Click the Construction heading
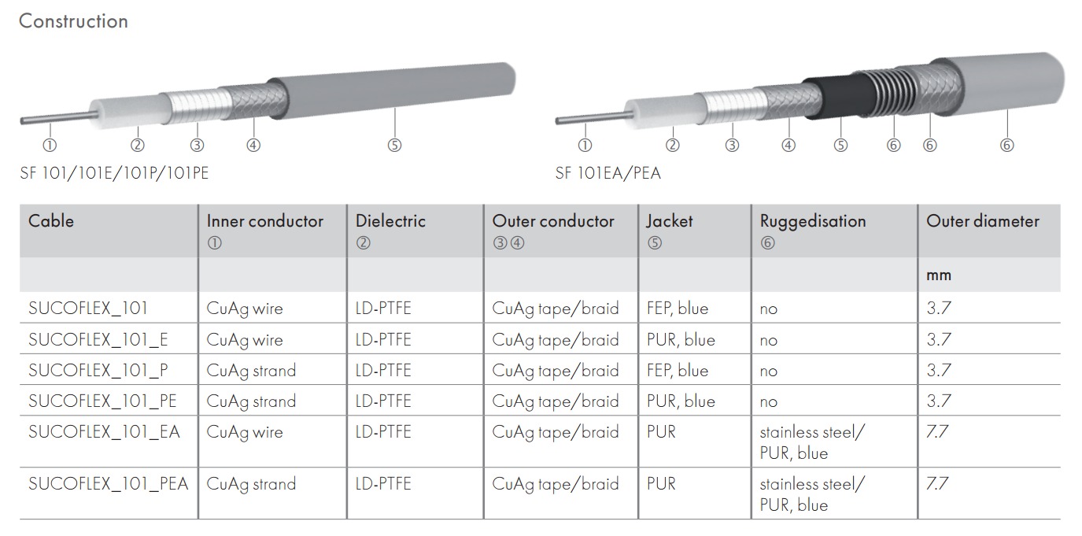73,21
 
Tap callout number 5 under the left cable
394,145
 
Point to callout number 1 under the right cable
585,145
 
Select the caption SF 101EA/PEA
607,172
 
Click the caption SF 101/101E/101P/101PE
114,172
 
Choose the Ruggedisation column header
812,221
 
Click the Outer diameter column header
982,221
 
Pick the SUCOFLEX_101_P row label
98,370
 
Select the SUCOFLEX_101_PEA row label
109,483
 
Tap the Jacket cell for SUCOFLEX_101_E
681,339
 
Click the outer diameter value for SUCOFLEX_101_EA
939,432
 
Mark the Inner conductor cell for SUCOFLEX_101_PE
251,401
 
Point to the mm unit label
939,275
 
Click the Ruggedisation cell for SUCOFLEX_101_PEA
811,493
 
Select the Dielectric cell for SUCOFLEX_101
383,308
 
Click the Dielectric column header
390,221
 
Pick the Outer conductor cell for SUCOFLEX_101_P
556,370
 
